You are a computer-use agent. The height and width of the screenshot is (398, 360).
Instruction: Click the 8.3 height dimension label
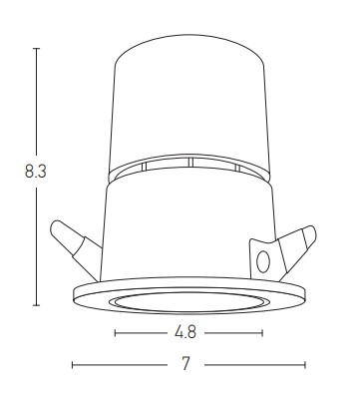pos(36,172)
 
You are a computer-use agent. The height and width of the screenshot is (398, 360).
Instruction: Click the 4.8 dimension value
pos(185,332)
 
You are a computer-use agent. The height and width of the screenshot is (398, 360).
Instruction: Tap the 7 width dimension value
pos(185,364)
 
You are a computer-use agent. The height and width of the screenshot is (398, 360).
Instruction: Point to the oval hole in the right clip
pos(263,261)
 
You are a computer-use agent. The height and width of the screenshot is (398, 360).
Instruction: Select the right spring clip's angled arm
pos(295,250)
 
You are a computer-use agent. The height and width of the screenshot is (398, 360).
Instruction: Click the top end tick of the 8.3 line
pos(37,49)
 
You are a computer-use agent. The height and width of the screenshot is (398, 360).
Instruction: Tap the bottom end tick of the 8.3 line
pos(37,305)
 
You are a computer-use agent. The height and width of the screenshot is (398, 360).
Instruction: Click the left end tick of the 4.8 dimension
pos(115,333)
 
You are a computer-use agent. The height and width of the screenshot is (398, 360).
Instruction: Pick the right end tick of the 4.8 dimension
pos(262,333)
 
